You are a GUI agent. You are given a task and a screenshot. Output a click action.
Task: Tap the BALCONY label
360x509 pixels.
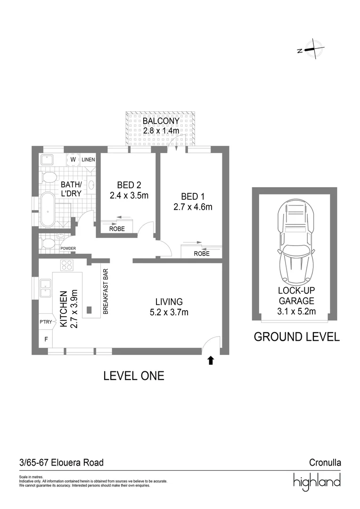click(161, 122)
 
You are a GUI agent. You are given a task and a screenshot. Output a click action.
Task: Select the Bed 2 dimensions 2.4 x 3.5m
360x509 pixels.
click(125, 195)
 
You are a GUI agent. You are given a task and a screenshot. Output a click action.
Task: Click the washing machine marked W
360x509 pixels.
click(73, 160)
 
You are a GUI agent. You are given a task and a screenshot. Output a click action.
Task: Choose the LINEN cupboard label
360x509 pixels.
click(88, 160)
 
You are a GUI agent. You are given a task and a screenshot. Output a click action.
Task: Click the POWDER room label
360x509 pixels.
click(68, 248)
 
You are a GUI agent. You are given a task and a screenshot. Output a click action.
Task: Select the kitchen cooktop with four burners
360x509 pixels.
click(66, 265)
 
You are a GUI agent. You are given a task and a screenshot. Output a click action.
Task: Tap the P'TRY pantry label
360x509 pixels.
click(46, 322)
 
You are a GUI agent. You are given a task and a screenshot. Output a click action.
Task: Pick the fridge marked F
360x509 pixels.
click(46, 339)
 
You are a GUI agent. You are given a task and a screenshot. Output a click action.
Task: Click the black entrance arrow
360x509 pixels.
click(211, 361)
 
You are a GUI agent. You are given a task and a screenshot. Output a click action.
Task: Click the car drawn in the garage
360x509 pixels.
click(295, 243)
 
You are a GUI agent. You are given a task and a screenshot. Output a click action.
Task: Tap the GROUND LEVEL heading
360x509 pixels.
click(296, 337)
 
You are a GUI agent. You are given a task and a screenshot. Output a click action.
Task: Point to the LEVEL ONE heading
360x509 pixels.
click(133, 376)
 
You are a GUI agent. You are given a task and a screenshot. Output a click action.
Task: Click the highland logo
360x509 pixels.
click(317, 482)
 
